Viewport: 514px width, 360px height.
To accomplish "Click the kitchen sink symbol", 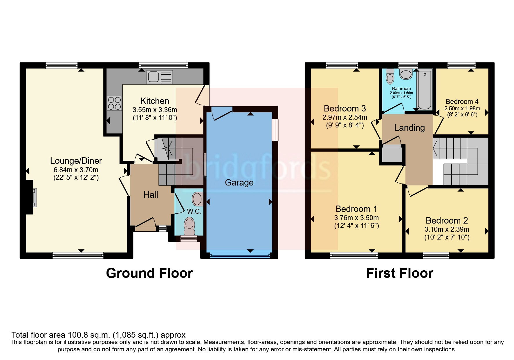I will (x=160, y=77).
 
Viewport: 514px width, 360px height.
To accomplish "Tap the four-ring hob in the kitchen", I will (x=114, y=103).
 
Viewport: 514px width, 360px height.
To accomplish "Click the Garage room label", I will (x=239, y=183).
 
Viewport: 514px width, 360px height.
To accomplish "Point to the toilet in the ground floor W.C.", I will (x=190, y=226).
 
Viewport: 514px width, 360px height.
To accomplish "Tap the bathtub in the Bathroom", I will (x=424, y=89).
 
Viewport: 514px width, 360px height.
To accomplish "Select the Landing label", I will (x=409, y=128).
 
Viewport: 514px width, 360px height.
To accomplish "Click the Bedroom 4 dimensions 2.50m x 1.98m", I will (x=462, y=108).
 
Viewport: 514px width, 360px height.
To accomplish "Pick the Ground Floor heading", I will (x=149, y=273).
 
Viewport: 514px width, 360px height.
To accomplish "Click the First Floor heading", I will (x=399, y=273).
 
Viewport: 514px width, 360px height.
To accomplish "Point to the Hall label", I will (x=151, y=195).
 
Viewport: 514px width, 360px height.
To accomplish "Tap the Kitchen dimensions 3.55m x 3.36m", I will (x=155, y=110).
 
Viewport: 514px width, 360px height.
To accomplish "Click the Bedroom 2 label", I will (x=447, y=221).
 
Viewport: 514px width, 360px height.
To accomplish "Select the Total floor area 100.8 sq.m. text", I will (x=98, y=335).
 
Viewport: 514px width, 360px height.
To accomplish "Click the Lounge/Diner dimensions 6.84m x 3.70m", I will (x=76, y=170).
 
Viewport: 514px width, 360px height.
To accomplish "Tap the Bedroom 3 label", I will (x=345, y=109).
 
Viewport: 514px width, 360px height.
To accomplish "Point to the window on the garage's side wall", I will (x=275, y=130).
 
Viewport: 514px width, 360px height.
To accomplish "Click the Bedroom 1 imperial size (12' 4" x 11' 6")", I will (x=356, y=226).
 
